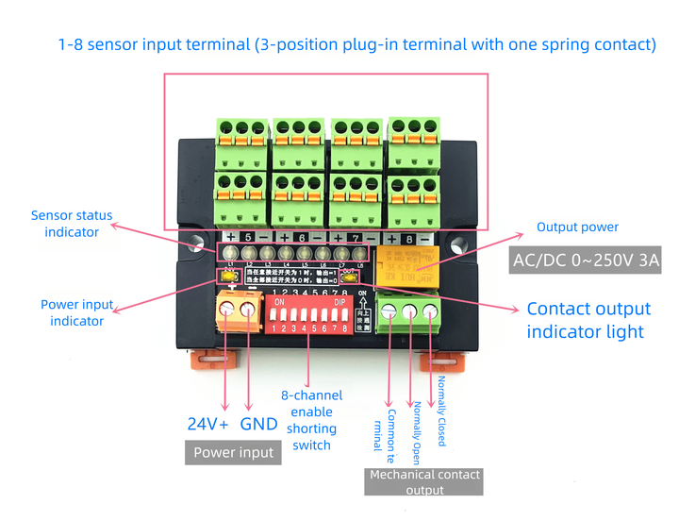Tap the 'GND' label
pyautogui.click(x=258, y=424)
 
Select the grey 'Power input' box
pyautogui.click(x=233, y=452)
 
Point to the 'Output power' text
pyautogui.click(x=577, y=227)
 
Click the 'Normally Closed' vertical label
pyautogui.click(x=441, y=411)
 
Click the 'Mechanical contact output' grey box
pyautogui.click(x=424, y=481)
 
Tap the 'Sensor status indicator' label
pyautogui.click(x=71, y=224)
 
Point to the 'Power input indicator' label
pyautogui.click(x=76, y=313)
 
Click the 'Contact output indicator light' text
pyautogui.click(x=588, y=320)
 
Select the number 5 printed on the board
pyautogui.click(x=247, y=237)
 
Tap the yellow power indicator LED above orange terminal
pyautogui.click(x=227, y=276)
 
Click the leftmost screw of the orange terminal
pyautogui.click(x=227, y=309)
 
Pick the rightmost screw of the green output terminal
pyautogui.click(x=431, y=311)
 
